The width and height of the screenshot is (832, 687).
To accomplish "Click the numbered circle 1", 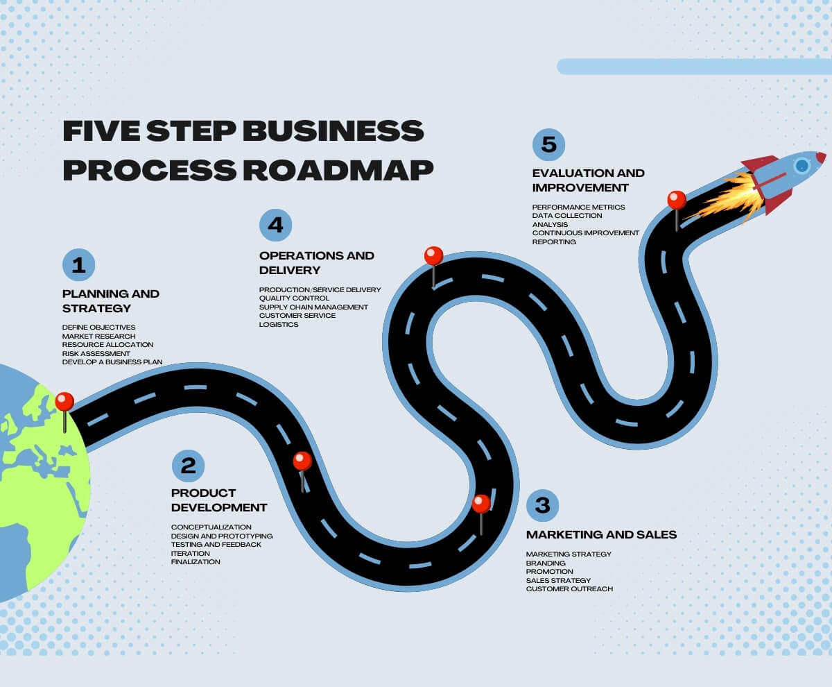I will pos(78,264).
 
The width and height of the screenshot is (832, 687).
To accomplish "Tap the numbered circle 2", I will pos(188,464).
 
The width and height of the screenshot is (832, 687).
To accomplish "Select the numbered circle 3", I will pos(543,505).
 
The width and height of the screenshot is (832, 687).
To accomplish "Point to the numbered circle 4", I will pos(276,225).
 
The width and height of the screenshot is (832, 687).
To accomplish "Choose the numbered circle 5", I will pos(549,144).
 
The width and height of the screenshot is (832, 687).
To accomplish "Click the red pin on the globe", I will pos(64,402).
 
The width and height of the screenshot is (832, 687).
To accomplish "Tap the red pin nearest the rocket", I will pos(677,201).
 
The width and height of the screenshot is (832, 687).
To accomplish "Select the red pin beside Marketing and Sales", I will pos(481,504).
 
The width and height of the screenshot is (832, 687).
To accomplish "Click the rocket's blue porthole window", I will pos(802,165).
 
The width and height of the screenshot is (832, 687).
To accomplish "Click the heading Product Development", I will pos(218,500).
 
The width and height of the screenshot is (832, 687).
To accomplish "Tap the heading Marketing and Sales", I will pos(601,534).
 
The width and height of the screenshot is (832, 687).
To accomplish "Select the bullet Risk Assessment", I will pos(96,353).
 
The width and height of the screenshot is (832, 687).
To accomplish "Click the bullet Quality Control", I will pos(294,298).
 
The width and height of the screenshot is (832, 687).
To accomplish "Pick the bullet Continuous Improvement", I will pos(585,233).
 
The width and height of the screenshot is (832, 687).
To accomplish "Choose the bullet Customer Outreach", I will pos(569,589).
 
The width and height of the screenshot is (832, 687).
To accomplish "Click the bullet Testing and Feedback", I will pos(216,545).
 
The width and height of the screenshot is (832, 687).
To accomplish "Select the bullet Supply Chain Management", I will pos(313,307).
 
